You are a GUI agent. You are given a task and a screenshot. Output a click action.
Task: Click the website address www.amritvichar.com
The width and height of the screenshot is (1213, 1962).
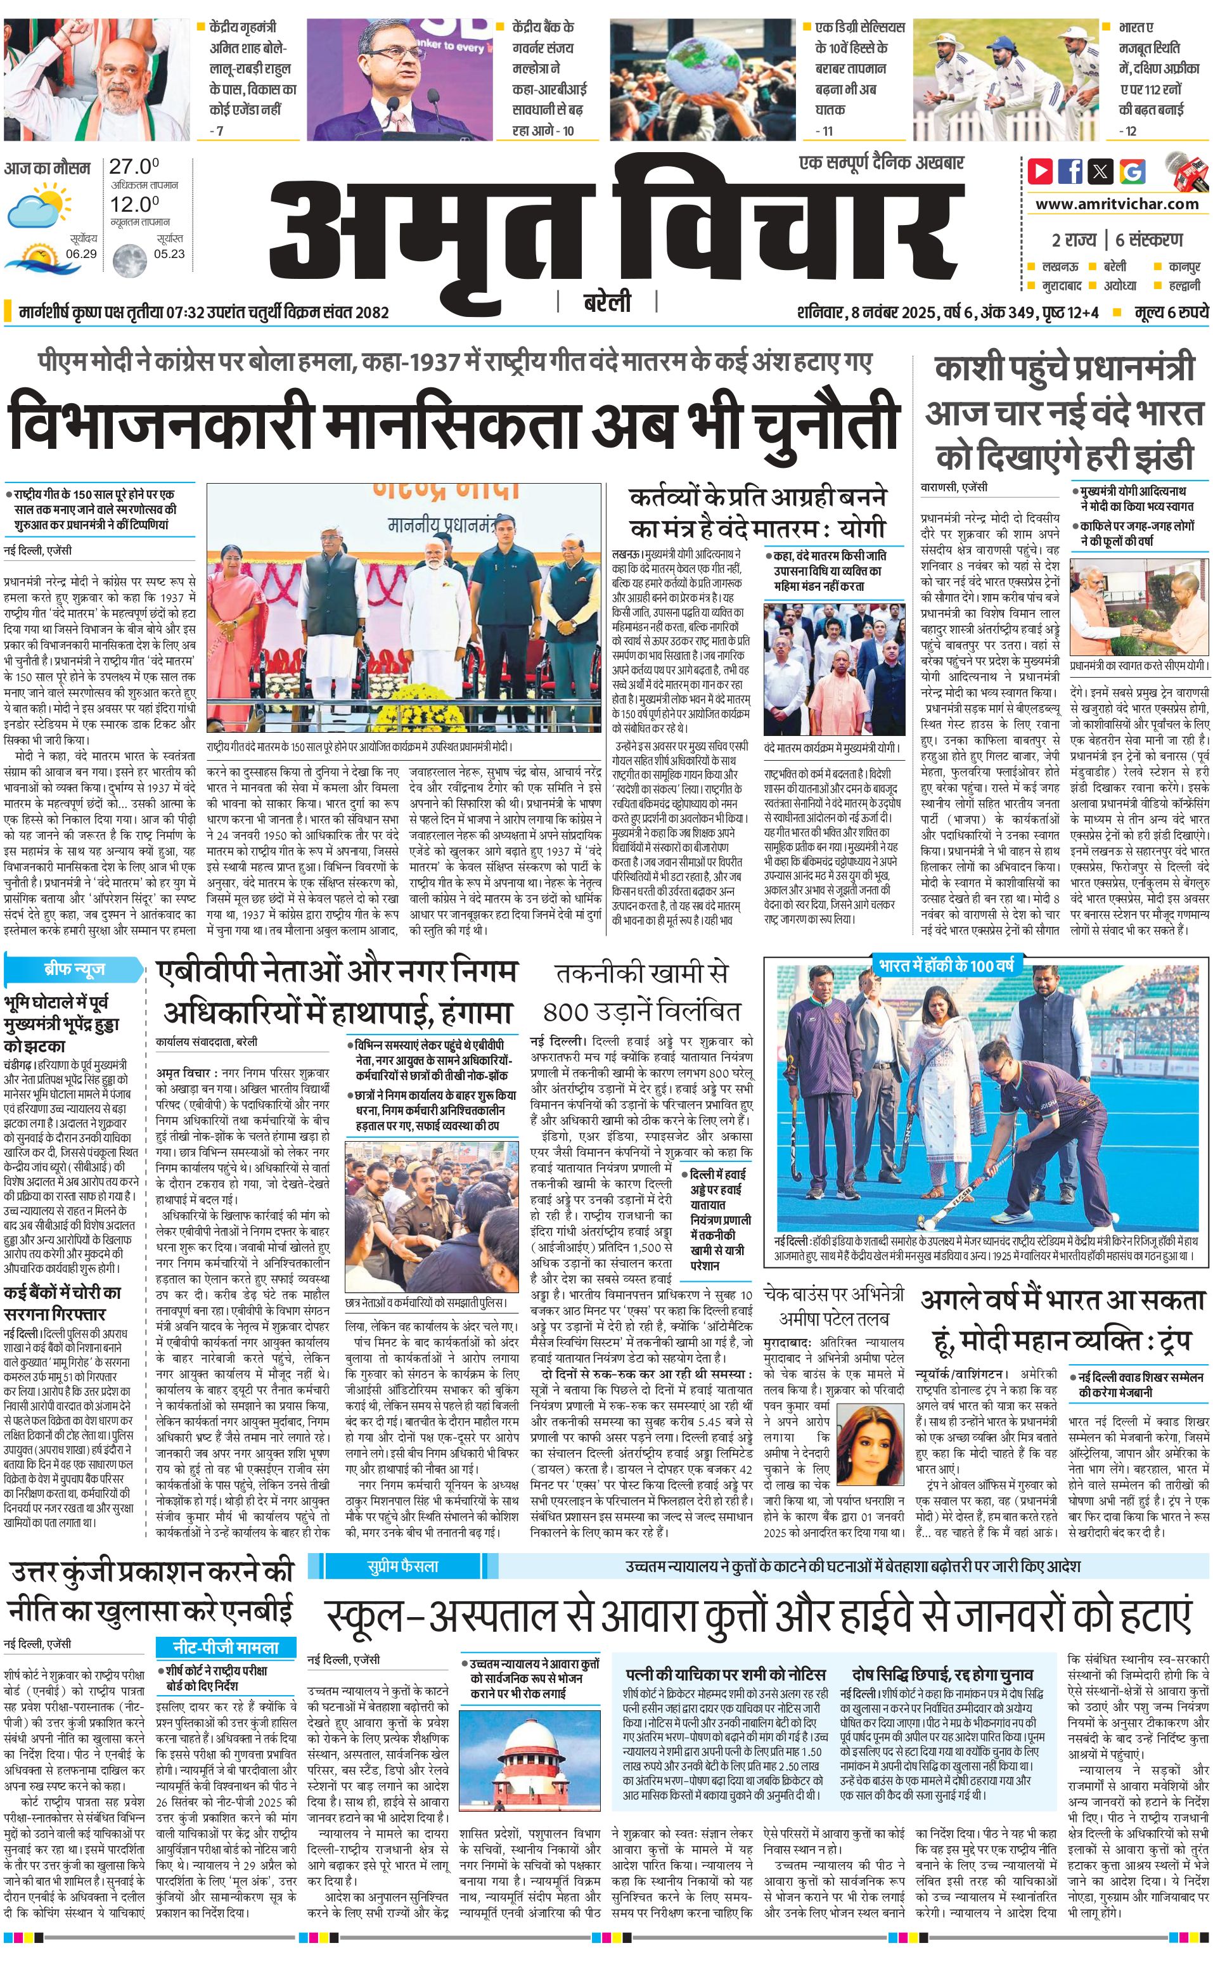(1117, 204)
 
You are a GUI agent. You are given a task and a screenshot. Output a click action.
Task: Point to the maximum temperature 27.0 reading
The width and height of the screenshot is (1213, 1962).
(134, 166)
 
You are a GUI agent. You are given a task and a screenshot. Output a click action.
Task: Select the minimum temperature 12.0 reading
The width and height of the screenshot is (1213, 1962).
(134, 204)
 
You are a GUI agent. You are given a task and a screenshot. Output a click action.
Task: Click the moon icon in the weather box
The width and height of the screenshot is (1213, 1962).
(124, 259)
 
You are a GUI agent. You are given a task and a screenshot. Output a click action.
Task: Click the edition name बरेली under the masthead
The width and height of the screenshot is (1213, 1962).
(606, 303)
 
